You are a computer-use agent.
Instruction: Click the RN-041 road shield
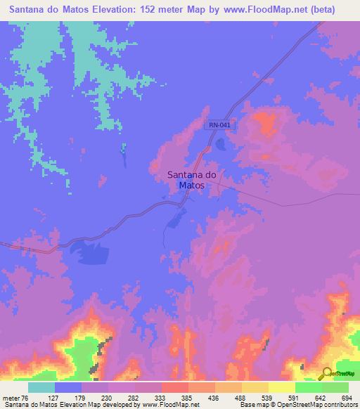(x=219, y=125)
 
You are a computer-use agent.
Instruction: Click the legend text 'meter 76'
(x=15, y=398)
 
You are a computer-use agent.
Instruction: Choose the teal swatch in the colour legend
(x=41, y=387)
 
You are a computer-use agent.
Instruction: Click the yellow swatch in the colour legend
(x=282, y=387)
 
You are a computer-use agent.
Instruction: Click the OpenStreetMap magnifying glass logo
(x=326, y=373)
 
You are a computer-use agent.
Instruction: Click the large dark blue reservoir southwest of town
(x=91, y=253)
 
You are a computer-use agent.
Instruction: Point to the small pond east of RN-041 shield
(x=221, y=144)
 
